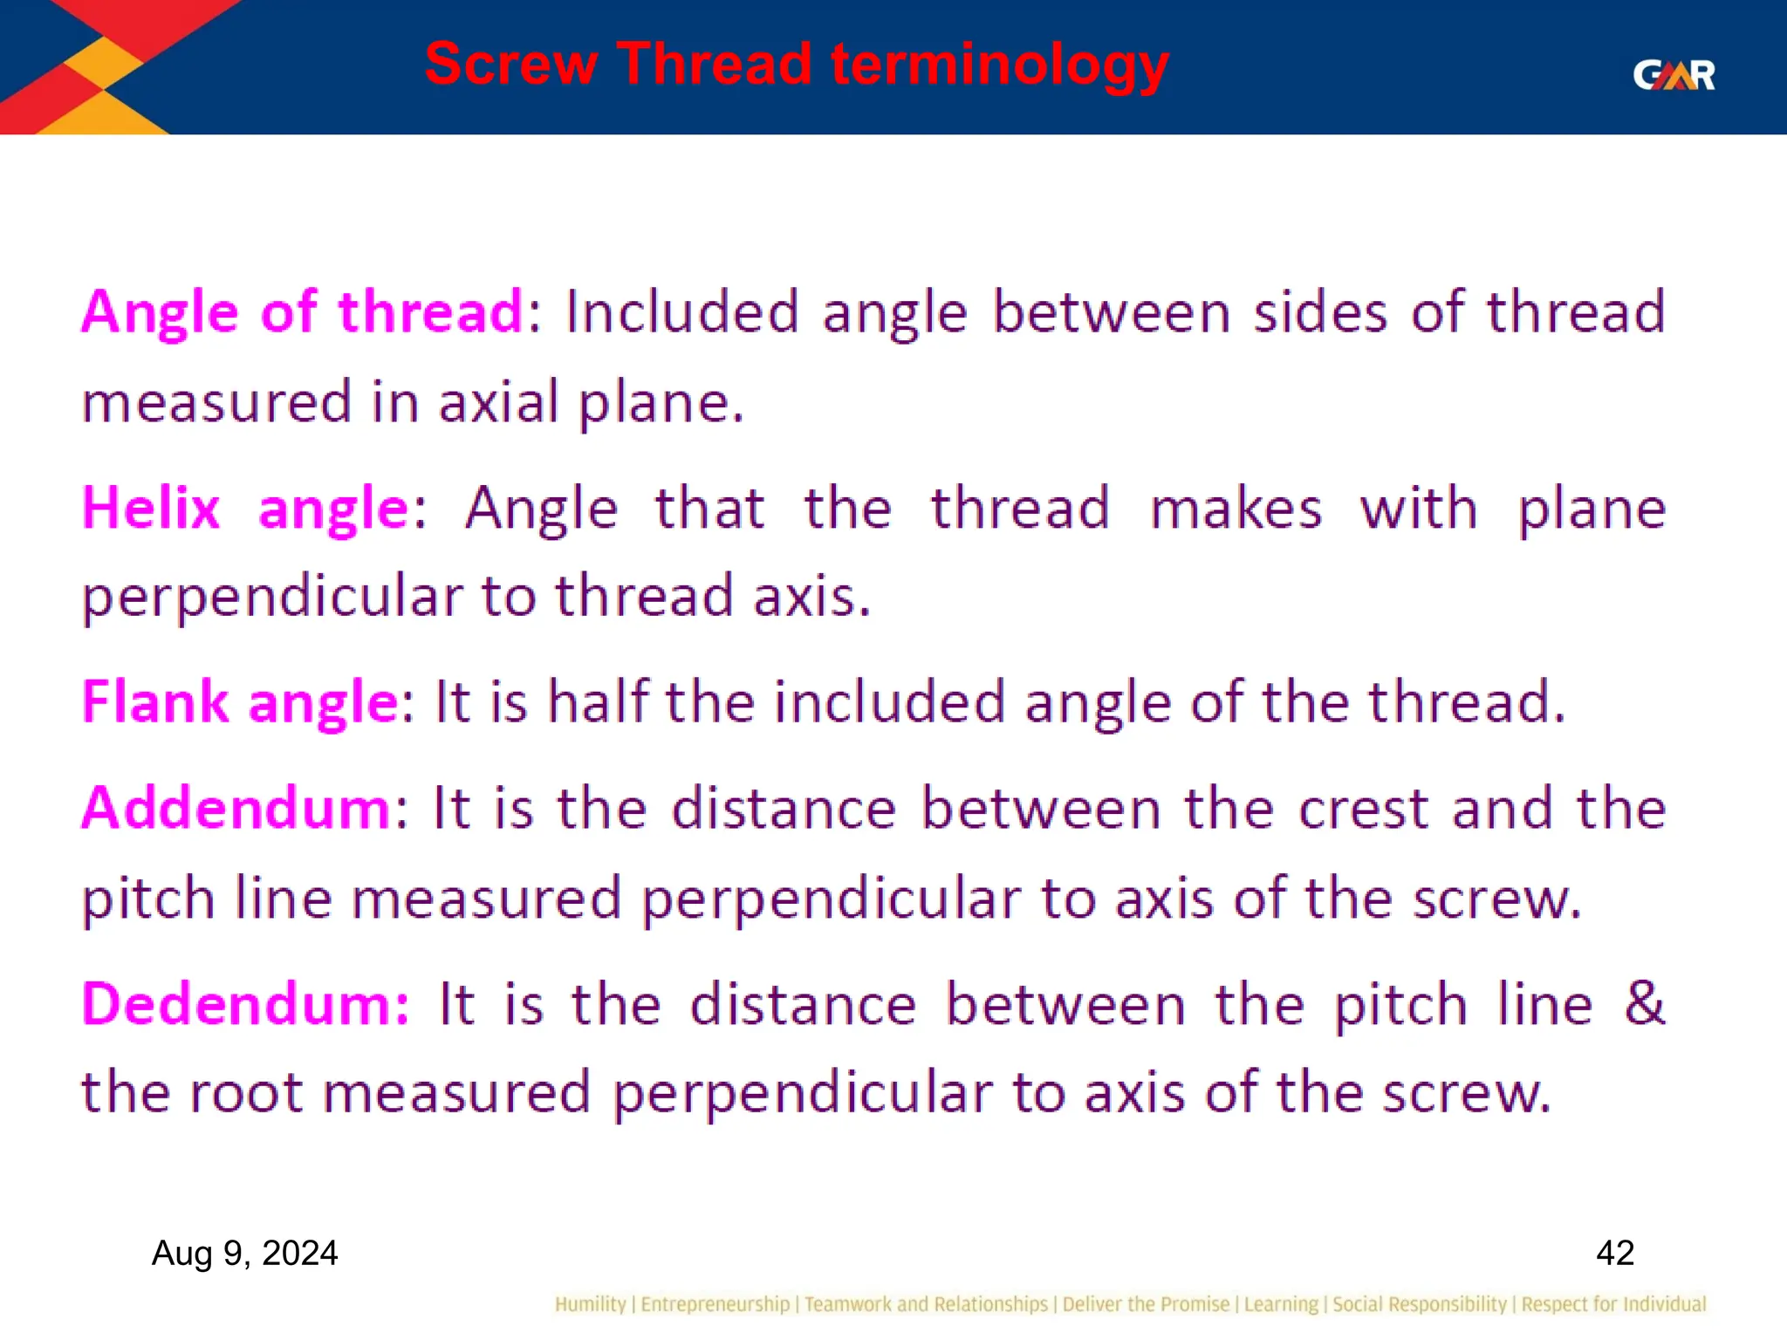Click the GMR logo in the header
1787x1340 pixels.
coord(1673,75)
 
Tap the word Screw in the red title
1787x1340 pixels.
coord(511,65)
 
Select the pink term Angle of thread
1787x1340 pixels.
coord(302,312)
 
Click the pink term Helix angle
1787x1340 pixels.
coord(244,509)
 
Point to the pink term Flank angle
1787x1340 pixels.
coord(241,702)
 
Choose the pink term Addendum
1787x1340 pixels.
coord(236,809)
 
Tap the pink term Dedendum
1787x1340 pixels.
coord(245,1004)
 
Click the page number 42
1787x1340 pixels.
coord(1614,1254)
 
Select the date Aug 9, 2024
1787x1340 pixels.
coord(244,1254)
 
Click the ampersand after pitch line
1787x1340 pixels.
coord(1644,1003)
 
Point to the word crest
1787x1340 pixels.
coord(1363,809)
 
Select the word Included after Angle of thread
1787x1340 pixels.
coord(681,312)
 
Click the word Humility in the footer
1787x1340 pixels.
coord(590,1304)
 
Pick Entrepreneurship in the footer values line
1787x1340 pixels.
coord(715,1304)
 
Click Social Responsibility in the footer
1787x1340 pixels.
coord(1420,1304)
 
